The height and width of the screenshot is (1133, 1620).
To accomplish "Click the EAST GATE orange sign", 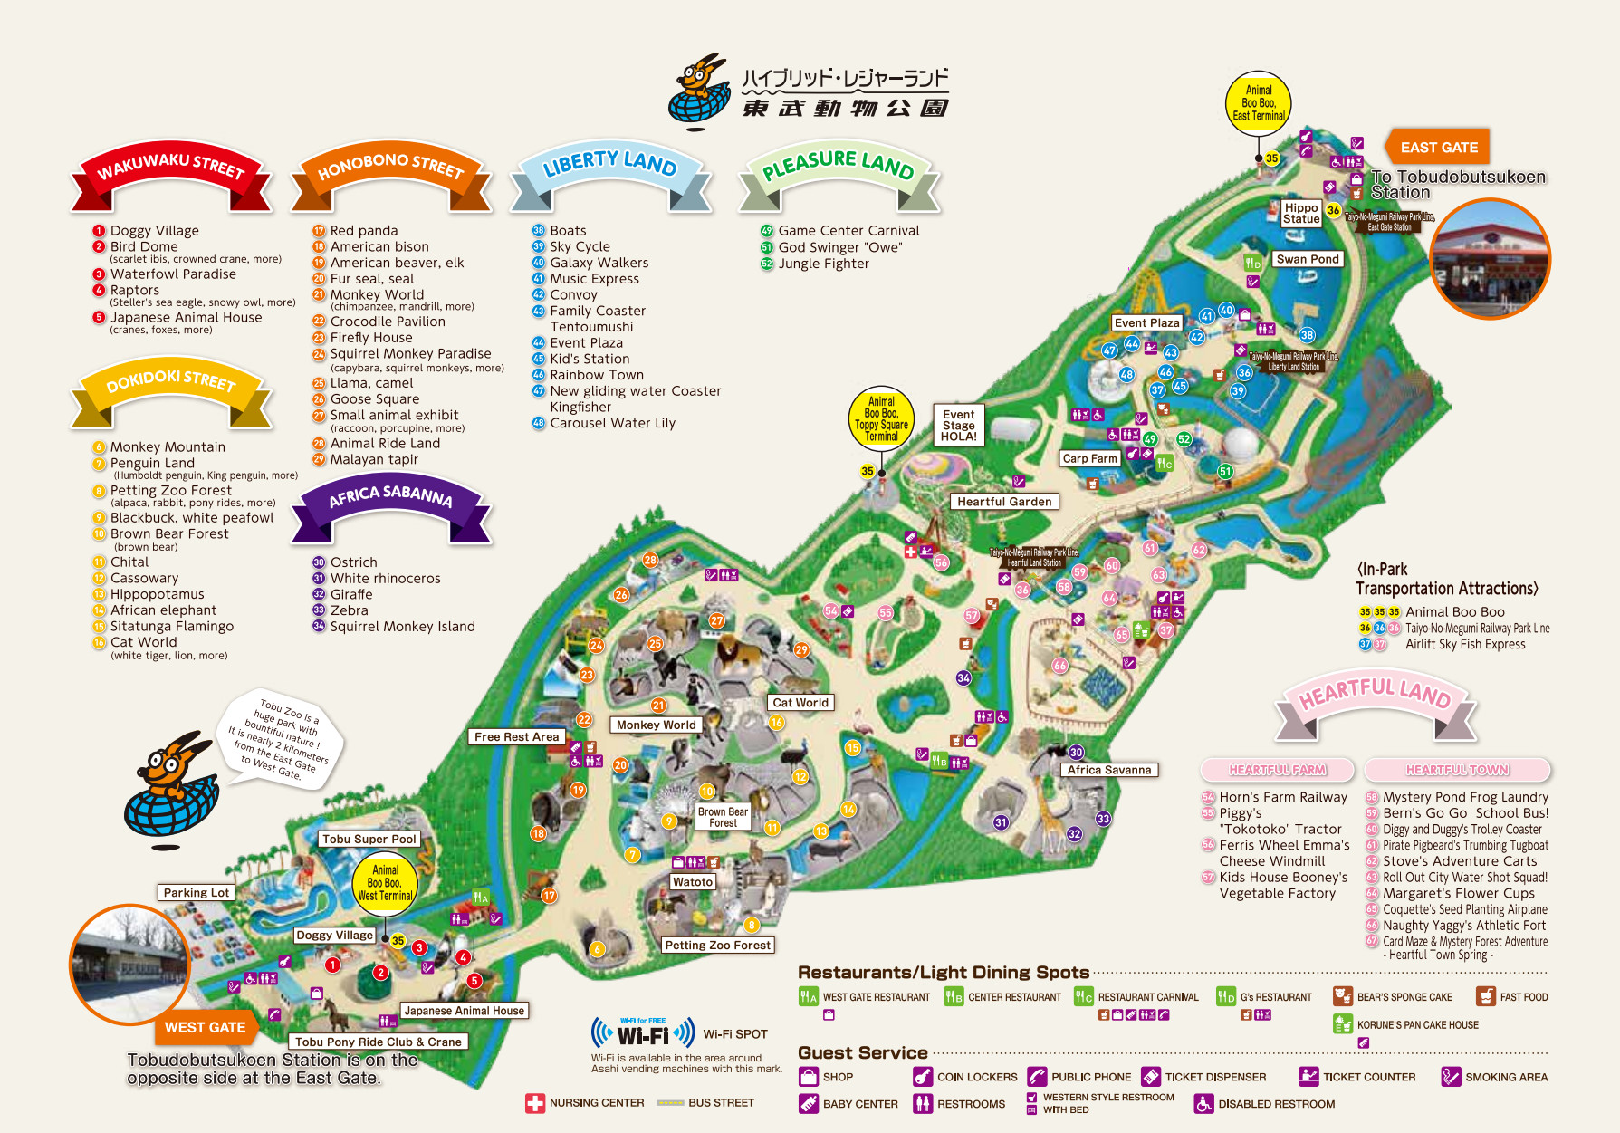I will [x=1438, y=148].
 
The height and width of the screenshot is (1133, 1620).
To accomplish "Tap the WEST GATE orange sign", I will [x=205, y=1027].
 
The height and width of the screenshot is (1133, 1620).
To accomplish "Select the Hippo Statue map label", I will [x=1301, y=213].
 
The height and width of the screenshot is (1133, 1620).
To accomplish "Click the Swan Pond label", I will [x=1307, y=259].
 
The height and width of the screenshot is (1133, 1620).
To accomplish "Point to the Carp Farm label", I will [x=1089, y=458].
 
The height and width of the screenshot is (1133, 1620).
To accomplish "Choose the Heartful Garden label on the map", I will [x=1004, y=502].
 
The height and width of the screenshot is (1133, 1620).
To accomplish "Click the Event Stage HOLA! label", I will [x=958, y=426].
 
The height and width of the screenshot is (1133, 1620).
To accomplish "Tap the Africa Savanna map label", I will [x=1108, y=770].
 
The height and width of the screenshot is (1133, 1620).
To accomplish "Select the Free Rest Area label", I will [x=516, y=736].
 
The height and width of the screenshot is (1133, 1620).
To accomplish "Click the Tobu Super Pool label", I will [x=369, y=839].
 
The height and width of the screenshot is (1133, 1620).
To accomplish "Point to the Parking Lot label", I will [x=196, y=892].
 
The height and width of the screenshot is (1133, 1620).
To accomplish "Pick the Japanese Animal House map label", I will [x=464, y=1011].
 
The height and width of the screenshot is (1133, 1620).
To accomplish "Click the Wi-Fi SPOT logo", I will [x=643, y=1033].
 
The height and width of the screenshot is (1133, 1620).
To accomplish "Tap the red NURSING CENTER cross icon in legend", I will [x=535, y=1103].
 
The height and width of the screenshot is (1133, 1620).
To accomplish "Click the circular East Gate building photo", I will [x=1490, y=258].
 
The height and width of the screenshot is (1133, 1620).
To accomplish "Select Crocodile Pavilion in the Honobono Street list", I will [x=388, y=322].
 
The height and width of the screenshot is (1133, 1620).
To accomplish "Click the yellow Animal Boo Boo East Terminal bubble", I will [x=1258, y=103].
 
